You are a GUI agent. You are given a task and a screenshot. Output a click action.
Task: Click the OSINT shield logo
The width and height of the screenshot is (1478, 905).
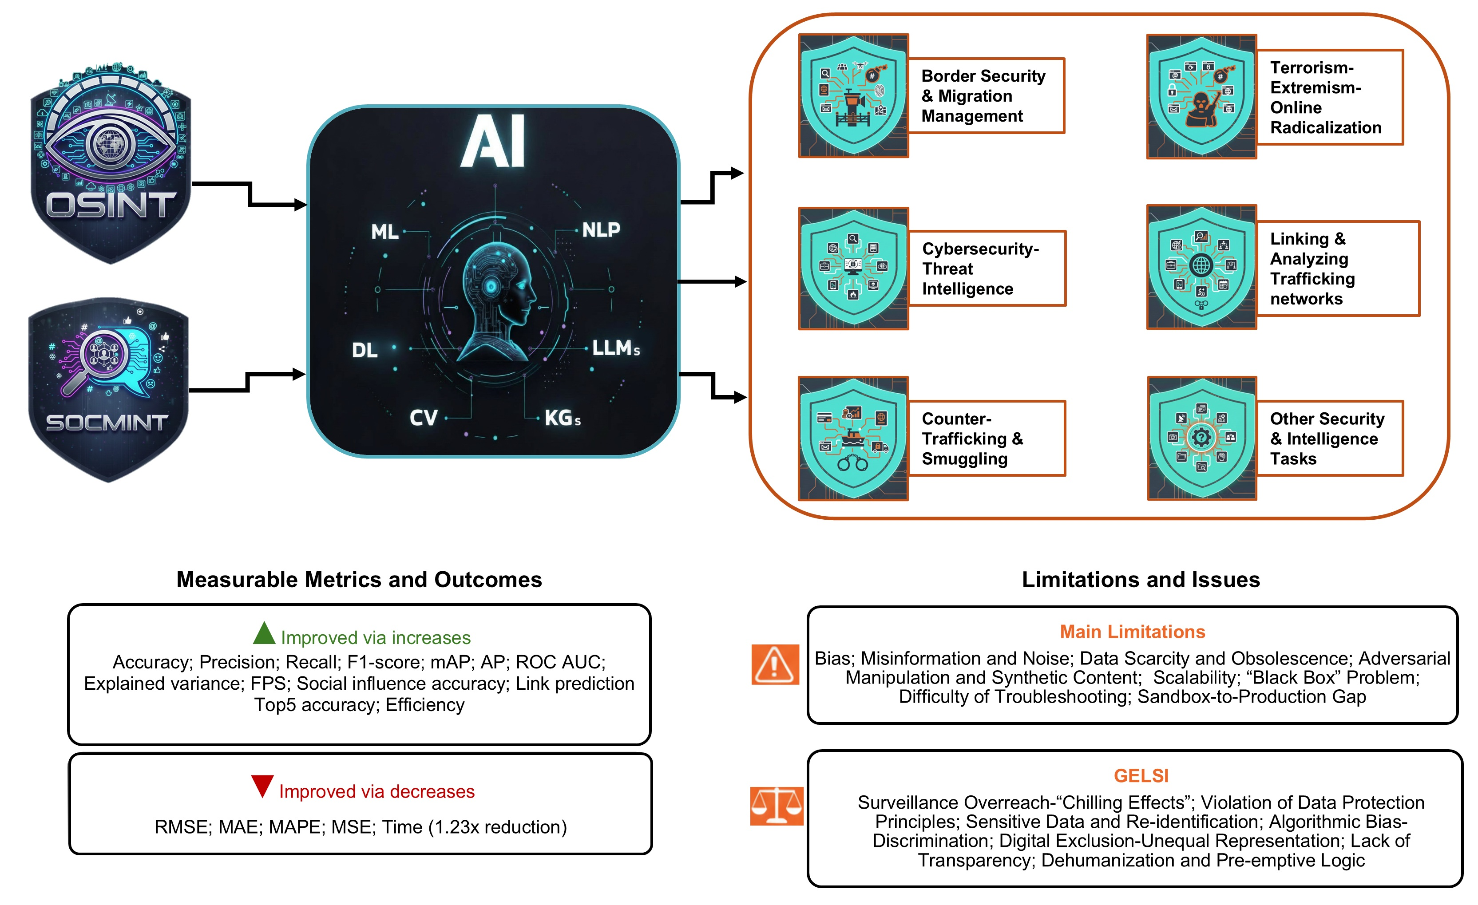click(111, 162)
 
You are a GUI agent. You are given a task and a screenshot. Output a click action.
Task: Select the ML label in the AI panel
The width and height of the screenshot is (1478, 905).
click(384, 232)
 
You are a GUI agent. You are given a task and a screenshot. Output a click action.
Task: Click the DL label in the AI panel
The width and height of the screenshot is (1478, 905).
click(365, 350)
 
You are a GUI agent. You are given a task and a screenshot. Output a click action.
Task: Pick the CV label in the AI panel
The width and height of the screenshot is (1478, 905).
click(424, 417)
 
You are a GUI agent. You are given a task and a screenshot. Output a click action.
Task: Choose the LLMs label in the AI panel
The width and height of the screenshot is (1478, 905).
click(615, 348)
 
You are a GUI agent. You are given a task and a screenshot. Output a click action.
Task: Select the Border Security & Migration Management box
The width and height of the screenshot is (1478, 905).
click(986, 96)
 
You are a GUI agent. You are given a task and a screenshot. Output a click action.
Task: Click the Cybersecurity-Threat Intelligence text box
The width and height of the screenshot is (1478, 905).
click(987, 269)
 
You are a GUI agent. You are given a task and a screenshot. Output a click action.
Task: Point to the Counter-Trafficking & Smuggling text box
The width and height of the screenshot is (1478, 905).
click(987, 439)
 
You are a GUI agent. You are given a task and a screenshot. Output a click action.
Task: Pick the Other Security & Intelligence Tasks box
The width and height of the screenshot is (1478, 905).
click(1329, 439)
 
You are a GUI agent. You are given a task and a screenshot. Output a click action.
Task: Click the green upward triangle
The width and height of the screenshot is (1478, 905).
click(264, 633)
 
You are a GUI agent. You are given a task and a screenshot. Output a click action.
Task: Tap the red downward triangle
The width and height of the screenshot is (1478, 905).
click(262, 786)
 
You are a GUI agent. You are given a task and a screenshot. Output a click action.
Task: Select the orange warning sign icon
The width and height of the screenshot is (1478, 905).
click(775, 664)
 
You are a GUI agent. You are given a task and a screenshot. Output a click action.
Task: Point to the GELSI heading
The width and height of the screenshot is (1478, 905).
click(1141, 775)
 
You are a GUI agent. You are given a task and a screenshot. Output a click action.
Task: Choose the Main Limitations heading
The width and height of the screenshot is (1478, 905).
click(1132, 632)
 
